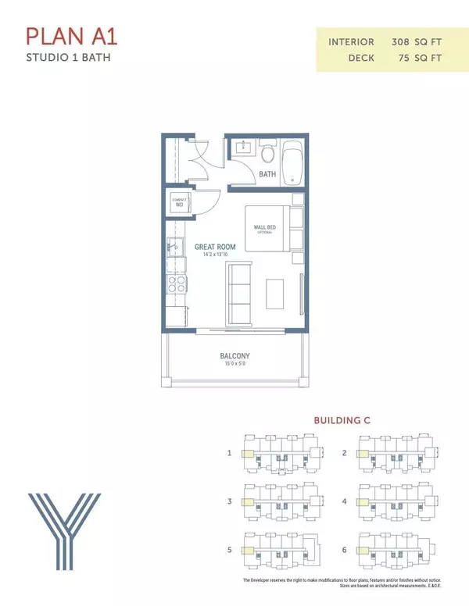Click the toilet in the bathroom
[x=266, y=151]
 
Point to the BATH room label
[x=268, y=175]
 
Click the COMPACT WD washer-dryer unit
[x=179, y=202]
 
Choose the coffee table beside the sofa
[x=276, y=293]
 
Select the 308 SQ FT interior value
[x=419, y=41]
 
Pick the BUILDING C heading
[x=342, y=420]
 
